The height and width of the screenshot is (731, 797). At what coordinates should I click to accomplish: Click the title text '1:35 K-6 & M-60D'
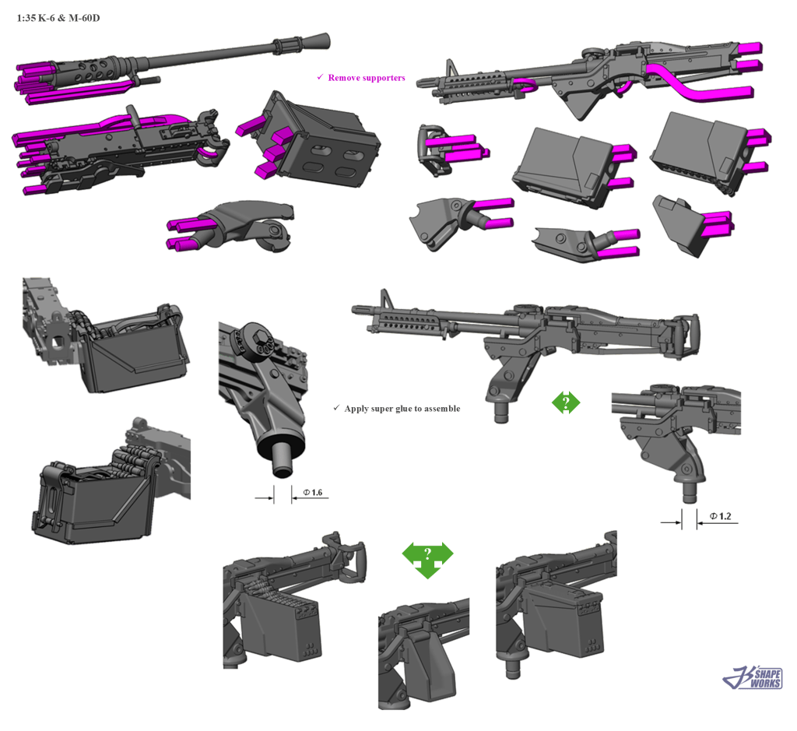[58, 19]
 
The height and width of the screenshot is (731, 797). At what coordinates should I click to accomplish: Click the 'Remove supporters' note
[366, 78]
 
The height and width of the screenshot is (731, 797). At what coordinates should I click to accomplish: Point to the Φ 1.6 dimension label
[313, 493]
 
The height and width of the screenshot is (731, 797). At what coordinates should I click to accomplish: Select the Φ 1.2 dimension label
[720, 516]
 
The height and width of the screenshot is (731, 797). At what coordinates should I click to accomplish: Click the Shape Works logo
[753, 677]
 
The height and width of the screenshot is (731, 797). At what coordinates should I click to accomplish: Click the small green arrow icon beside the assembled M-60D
[566, 402]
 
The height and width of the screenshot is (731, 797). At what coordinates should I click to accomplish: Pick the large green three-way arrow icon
[427, 559]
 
